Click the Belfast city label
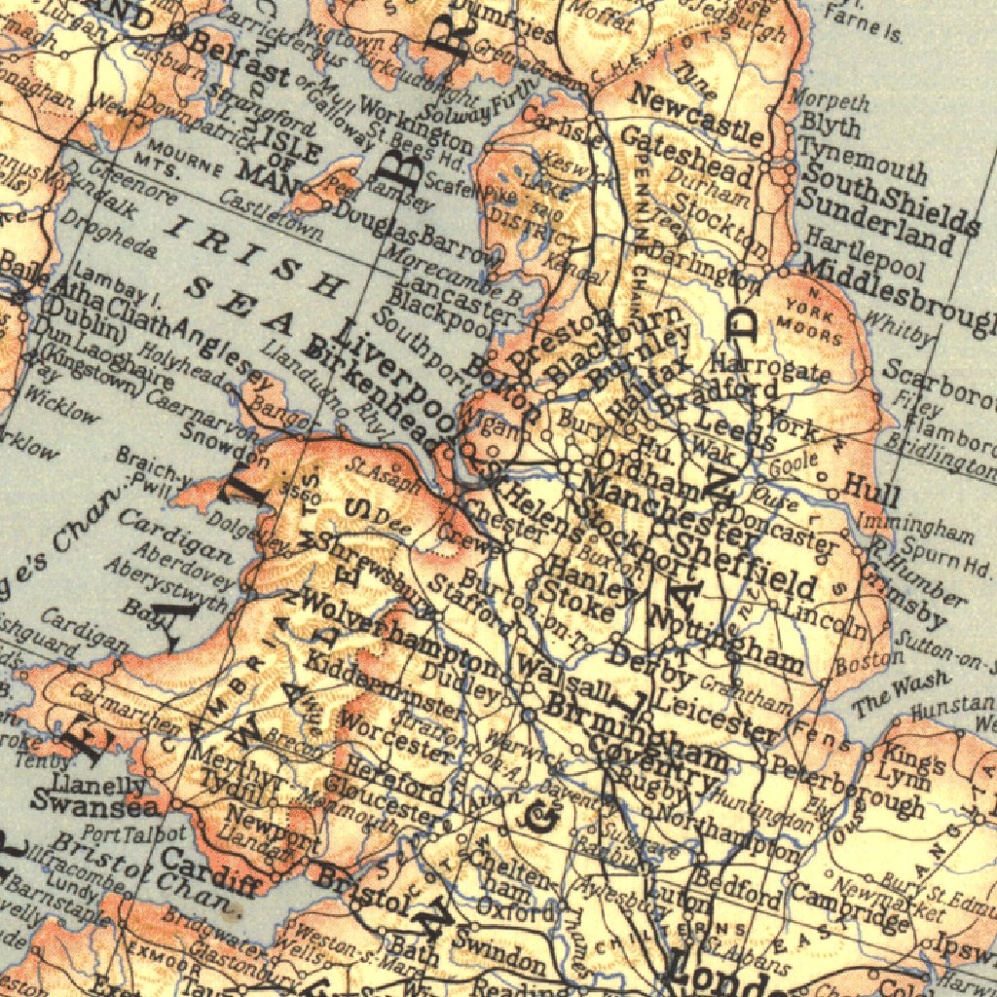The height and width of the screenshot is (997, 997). pyautogui.click(x=239, y=58)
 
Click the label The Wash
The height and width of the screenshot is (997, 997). pyautogui.click(x=885, y=697)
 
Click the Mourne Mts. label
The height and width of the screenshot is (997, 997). pyautogui.click(x=151, y=162)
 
